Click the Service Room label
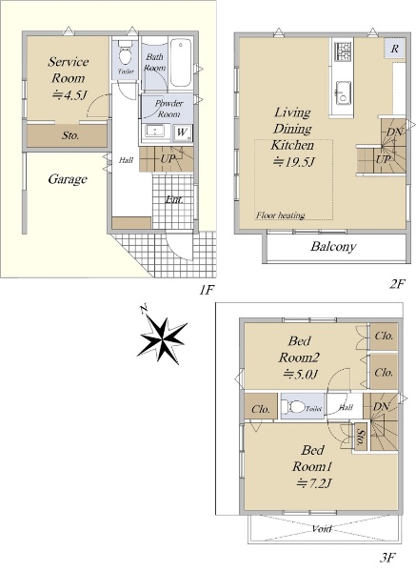69,70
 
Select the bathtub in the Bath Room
180,62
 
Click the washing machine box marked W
182,133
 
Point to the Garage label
68,179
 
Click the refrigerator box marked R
394,49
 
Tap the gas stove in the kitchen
343,51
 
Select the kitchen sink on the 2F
343,92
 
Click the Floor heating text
280,215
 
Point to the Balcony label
333,246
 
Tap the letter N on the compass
144,308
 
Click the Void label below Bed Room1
322,528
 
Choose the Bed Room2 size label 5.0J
301,374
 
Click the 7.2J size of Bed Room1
314,483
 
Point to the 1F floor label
205,290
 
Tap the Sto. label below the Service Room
70,135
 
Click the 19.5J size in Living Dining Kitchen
293,161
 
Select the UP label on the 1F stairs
168,158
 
